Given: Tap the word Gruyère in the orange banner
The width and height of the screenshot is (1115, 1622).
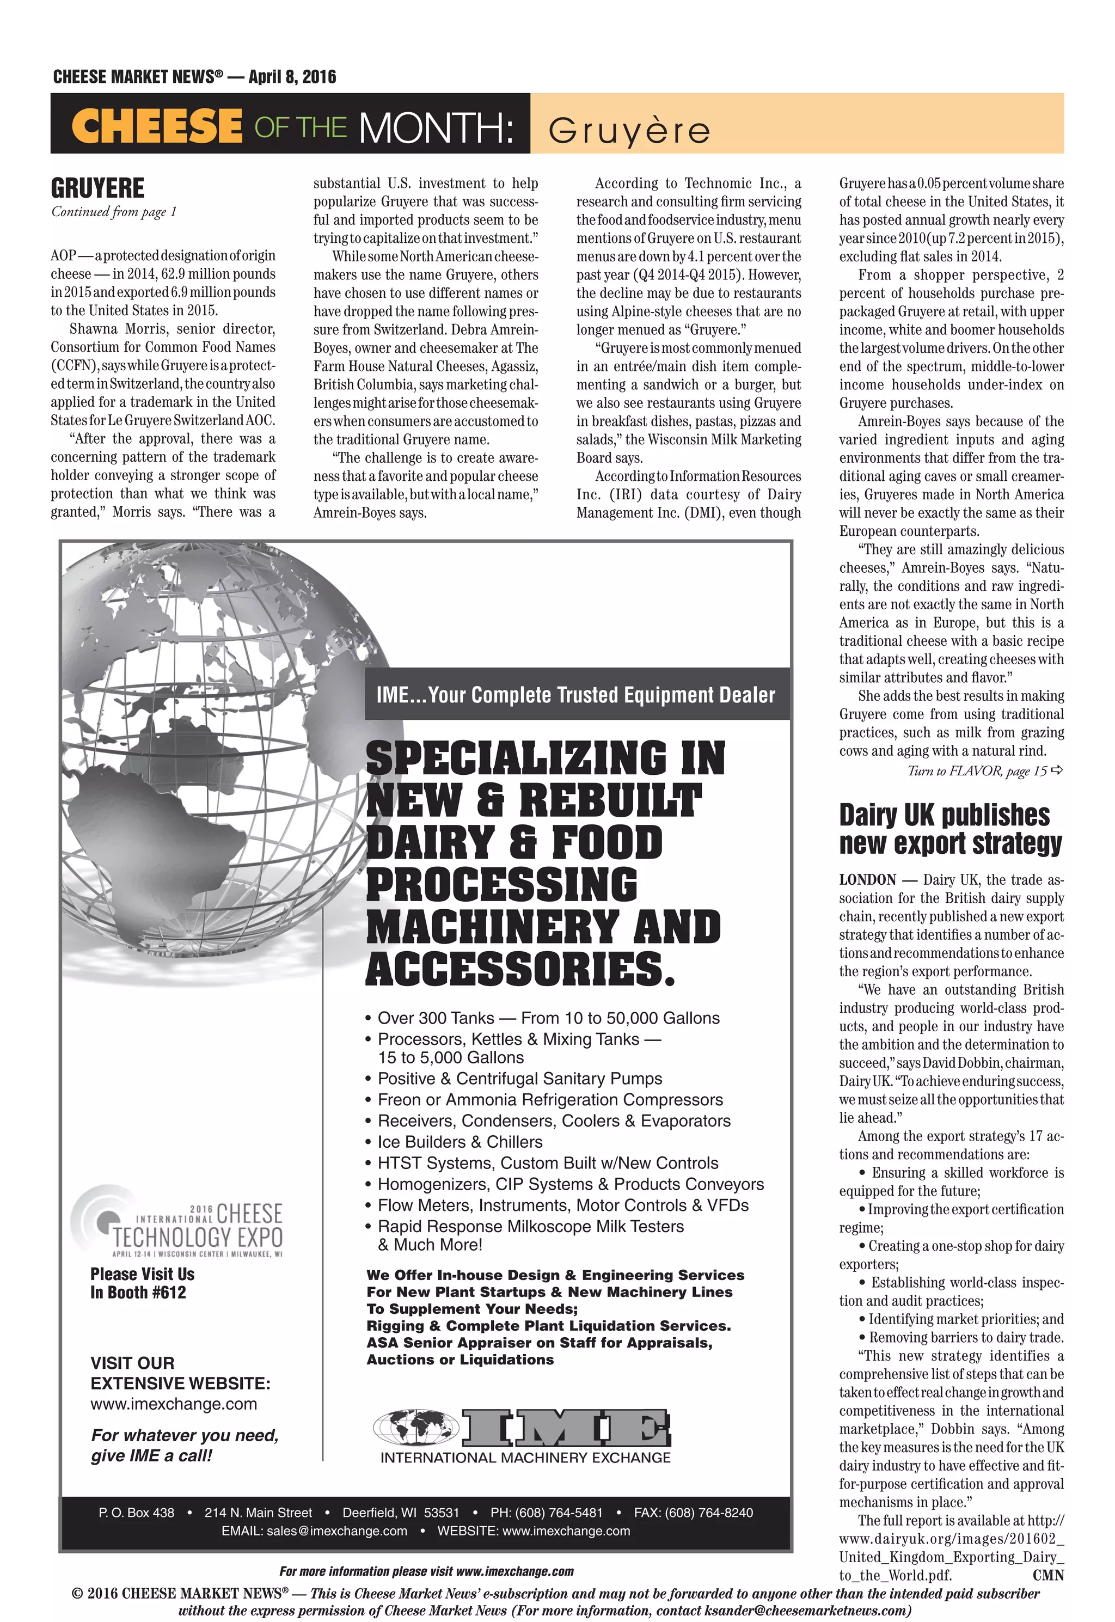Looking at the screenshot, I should pos(629,131).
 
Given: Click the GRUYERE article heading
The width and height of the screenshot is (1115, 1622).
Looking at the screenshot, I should pos(98,188).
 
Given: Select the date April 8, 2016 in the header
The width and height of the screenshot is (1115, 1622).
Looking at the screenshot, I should pos(292,77).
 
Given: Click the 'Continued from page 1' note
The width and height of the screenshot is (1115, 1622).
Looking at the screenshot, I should pos(114,212).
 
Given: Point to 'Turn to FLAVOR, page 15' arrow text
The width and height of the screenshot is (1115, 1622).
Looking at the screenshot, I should pos(984,770).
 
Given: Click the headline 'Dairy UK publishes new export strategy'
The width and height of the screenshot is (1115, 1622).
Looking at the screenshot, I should pos(950,829).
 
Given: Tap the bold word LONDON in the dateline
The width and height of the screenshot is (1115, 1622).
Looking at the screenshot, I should pos(868,879).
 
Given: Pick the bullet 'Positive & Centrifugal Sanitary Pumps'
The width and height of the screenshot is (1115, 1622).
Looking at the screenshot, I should pos(520,1078).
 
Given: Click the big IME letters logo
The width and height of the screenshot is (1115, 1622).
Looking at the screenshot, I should pos(566,1427).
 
